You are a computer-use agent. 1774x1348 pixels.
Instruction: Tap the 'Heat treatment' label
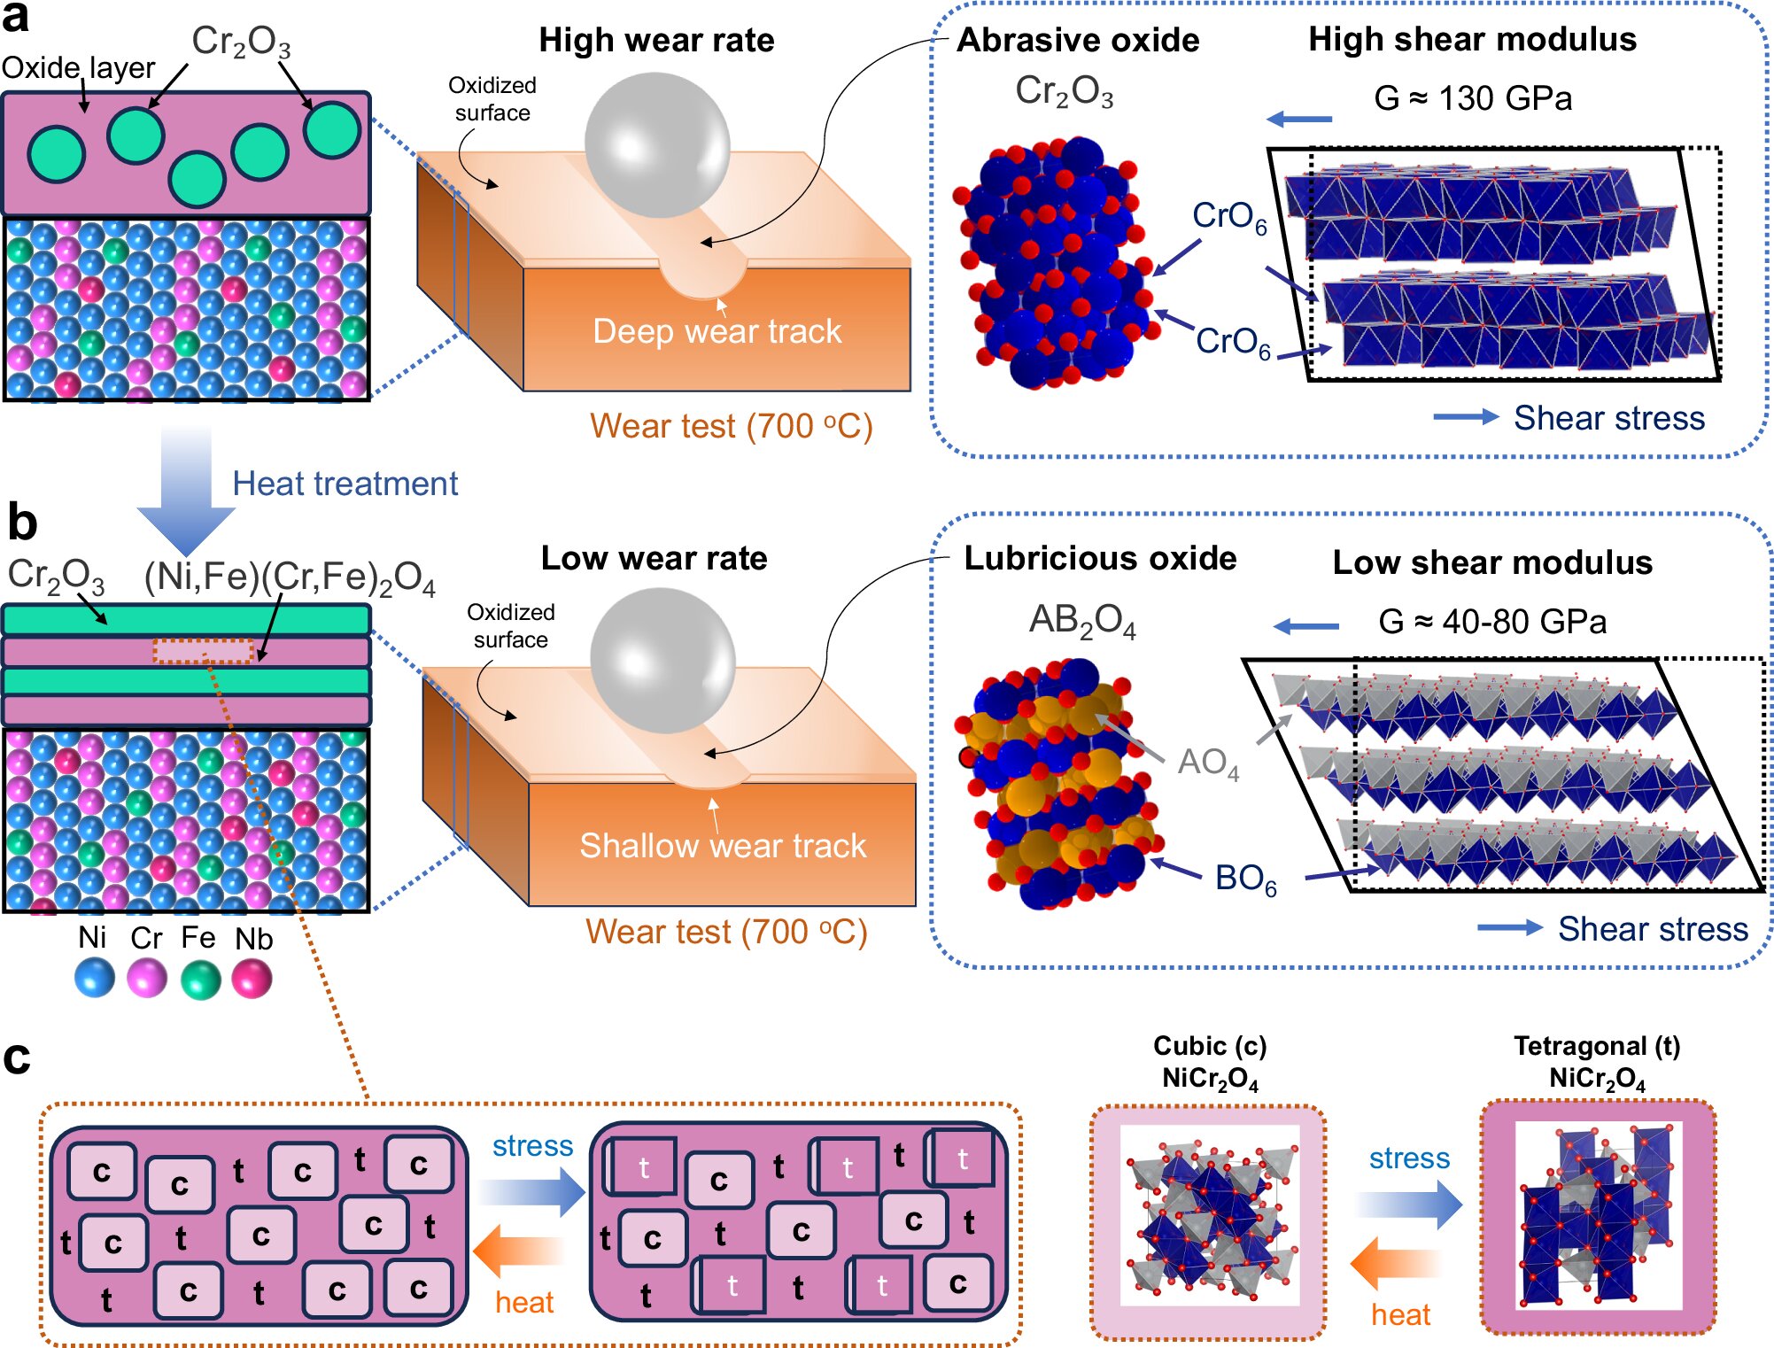click(345, 484)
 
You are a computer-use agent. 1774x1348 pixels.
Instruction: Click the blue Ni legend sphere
click(95, 979)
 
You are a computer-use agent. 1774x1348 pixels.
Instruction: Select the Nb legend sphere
click(252, 979)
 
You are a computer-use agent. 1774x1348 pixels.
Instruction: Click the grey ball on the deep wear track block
click(657, 144)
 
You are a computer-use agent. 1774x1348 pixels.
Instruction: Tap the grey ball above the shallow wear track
click(662, 661)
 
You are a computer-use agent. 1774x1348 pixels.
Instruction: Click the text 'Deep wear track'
click(717, 331)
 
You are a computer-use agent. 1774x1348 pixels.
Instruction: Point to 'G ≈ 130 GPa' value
click(1473, 98)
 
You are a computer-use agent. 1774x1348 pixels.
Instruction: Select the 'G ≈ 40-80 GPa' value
click(1492, 622)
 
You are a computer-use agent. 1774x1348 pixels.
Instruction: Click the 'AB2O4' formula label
click(1081, 620)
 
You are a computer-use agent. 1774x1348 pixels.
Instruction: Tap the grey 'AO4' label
click(1208, 763)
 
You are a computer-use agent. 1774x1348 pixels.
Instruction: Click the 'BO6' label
click(1245, 879)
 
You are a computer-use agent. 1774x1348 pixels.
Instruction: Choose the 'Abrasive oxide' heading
click(1078, 40)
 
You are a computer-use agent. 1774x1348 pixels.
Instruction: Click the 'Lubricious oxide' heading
click(1100, 558)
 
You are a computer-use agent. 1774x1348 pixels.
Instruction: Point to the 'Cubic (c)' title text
click(1210, 1046)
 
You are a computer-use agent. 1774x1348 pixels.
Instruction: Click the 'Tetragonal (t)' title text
click(1597, 1046)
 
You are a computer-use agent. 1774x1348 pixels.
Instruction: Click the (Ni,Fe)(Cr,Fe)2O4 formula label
click(290, 577)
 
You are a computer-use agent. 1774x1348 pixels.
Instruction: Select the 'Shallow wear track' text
click(723, 846)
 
